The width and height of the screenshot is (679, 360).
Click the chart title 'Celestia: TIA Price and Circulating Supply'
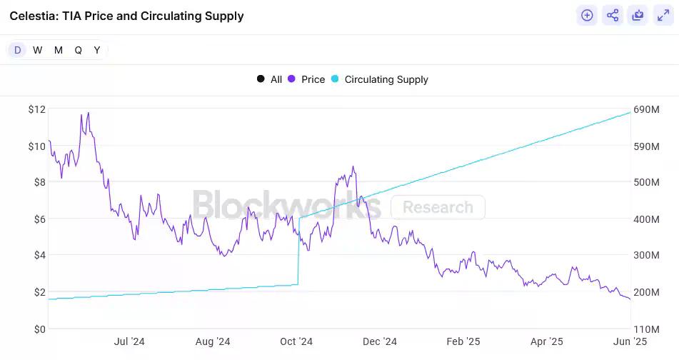[x=126, y=16]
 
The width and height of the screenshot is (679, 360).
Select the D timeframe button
[x=18, y=50]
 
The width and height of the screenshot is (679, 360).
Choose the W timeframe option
[x=38, y=50]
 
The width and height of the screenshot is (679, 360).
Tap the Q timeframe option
[x=78, y=50]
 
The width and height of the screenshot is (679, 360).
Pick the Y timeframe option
[x=97, y=50]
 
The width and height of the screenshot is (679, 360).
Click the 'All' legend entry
[x=270, y=79]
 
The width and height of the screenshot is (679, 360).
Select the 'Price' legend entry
[x=306, y=79]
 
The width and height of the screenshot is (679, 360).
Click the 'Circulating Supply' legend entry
[x=379, y=79]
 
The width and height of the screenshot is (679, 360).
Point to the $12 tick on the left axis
[x=37, y=109]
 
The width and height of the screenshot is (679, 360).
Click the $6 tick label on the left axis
[x=37, y=219]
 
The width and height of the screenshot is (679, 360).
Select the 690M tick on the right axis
[x=647, y=109]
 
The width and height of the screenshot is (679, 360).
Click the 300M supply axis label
[x=647, y=256]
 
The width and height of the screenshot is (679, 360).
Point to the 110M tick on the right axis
[x=647, y=329]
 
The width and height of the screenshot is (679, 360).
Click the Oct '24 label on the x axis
[x=296, y=342]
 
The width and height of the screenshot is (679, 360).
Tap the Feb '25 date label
[x=463, y=342]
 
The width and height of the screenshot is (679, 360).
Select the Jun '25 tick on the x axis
[x=630, y=342]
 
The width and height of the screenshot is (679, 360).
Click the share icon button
[x=612, y=15]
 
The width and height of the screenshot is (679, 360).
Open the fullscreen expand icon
[x=662, y=15]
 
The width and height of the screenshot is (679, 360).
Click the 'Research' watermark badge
[x=438, y=207]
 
